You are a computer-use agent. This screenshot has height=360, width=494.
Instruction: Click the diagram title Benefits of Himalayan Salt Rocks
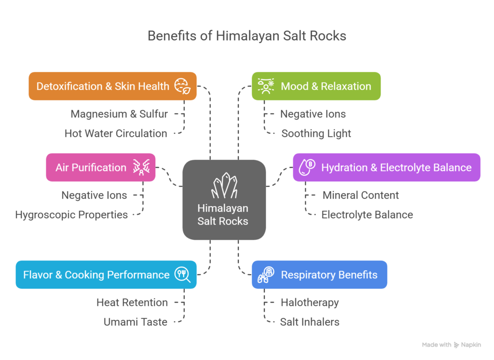[247, 36]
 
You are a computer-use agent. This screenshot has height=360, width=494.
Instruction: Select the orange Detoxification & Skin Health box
[112, 86]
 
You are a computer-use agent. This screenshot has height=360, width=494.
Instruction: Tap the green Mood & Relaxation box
[316, 86]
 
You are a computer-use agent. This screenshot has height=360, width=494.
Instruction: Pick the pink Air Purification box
[100, 167]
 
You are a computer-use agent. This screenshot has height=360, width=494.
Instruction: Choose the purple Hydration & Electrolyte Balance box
[386, 167]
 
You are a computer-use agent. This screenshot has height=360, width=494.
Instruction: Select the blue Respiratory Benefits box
[319, 275]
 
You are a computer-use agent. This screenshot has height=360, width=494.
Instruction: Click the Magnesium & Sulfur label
[119, 114]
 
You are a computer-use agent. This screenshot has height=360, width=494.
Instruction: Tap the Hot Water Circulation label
[116, 134]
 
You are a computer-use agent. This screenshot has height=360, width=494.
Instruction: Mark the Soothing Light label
[316, 134]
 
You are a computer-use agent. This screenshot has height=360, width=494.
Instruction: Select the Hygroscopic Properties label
[71, 215]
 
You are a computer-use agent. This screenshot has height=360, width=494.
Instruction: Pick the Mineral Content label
[360, 195]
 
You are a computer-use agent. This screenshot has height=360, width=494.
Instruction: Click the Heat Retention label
[132, 303]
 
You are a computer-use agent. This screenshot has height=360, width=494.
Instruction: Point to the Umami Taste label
[135, 322]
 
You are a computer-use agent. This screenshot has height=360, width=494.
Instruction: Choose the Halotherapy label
[310, 303]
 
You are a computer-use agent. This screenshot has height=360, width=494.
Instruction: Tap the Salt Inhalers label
[309, 322]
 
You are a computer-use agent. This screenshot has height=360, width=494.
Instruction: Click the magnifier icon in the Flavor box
[182, 275]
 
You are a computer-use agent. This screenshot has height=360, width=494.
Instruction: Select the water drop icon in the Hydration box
[307, 167]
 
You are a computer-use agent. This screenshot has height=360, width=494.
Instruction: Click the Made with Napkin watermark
[451, 345]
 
